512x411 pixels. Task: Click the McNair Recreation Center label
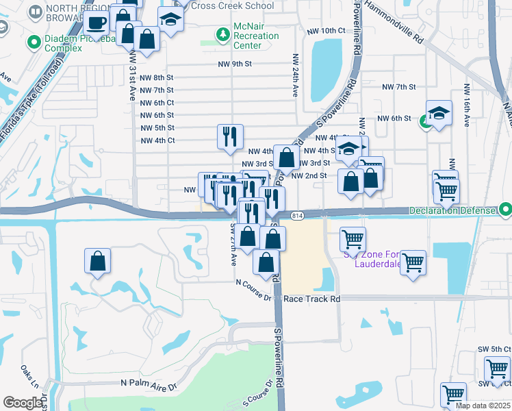(x=257, y=36)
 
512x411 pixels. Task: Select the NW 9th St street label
(x=235, y=64)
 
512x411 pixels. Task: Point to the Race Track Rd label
(x=311, y=299)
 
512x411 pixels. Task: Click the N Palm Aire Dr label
(x=149, y=386)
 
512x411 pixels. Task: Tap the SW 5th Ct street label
(x=495, y=349)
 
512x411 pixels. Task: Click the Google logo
(x=23, y=403)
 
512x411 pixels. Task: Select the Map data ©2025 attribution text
(x=482, y=406)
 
